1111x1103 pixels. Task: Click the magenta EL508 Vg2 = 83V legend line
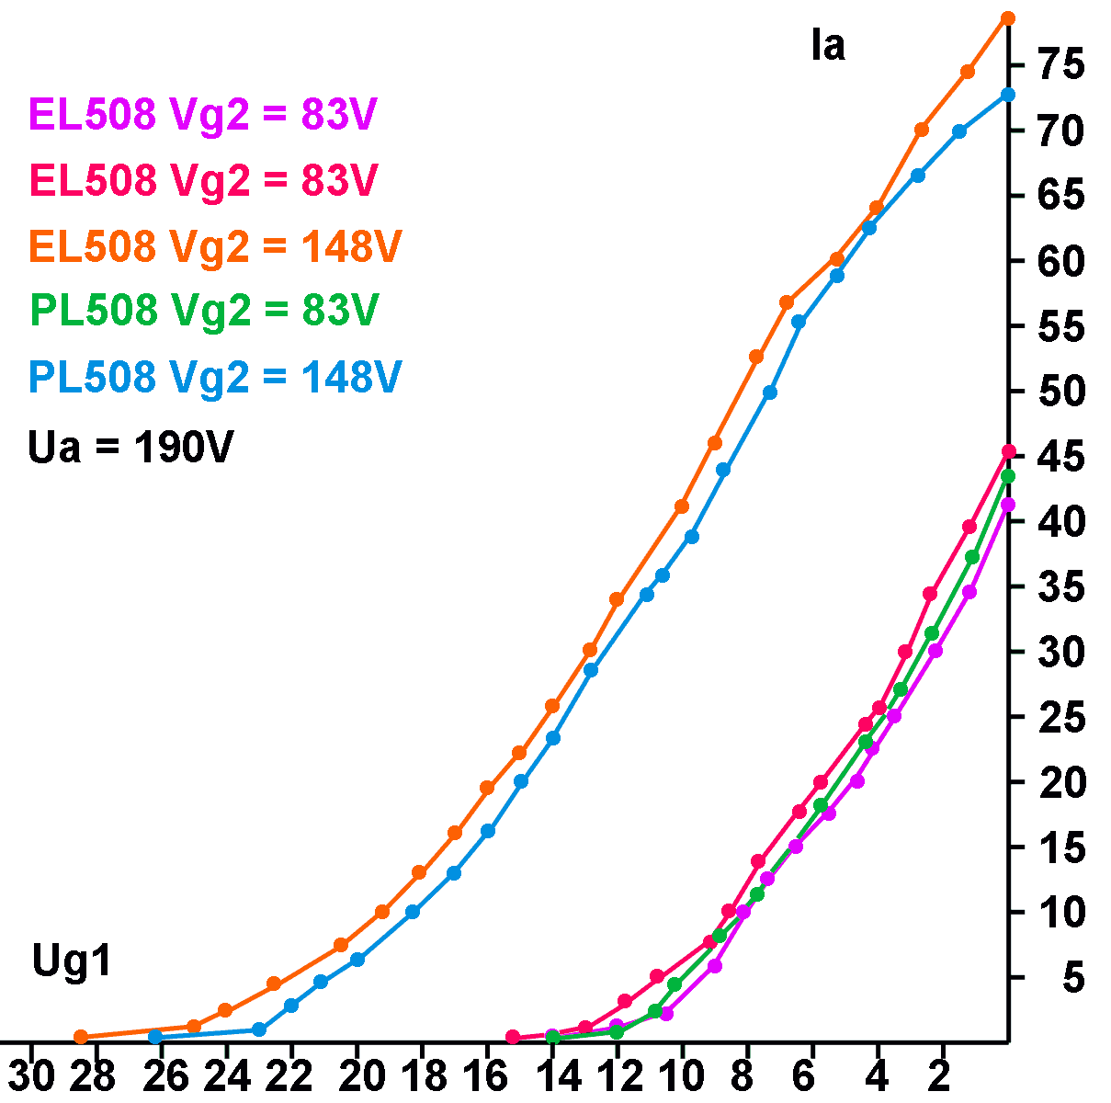(x=203, y=116)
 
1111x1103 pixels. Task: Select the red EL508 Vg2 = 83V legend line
(x=203, y=181)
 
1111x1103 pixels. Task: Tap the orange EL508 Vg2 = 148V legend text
(x=215, y=246)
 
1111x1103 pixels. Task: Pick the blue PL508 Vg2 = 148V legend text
(x=215, y=377)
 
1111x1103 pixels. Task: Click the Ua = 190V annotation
(x=130, y=448)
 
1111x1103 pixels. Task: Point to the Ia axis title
(x=827, y=46)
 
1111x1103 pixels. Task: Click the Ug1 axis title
(x=72, y=961)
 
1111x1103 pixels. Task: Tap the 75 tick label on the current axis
(x=1061, y=66)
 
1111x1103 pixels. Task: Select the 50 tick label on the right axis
(x=1061, y=392)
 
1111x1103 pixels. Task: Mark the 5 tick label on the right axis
(x=1073, y=978)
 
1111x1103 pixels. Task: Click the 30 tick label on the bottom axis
(x=31, y=1075)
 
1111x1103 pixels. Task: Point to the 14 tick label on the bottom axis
(x=559, y=1075)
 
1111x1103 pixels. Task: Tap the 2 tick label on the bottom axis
(x=939, y=1075)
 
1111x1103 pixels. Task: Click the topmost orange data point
(x=1008, y=18)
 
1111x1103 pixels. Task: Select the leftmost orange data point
(x=81, y=1037)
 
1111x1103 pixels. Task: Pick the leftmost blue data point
(x=155, y=1037)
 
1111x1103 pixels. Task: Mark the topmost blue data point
(x=1008, y=95)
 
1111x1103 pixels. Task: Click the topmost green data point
(x=1008, y=476)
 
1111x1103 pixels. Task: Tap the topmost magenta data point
(x=1008, y=505)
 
